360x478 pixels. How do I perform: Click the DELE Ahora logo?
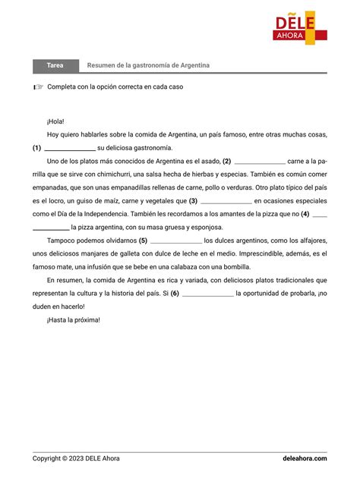point(301,27)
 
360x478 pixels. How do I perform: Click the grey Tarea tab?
point(55,66)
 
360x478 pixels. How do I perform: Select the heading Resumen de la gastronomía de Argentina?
point(148,66)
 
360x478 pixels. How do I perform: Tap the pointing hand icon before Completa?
point(39,87)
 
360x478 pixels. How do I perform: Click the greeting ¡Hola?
point(55,121)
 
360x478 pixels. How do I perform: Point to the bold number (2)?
point(226,161)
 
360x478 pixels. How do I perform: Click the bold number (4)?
point(305,214)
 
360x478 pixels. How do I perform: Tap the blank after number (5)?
point(175,241)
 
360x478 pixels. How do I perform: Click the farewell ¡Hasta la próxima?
point(73,320)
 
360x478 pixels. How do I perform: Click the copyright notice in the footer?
point(76,458)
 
